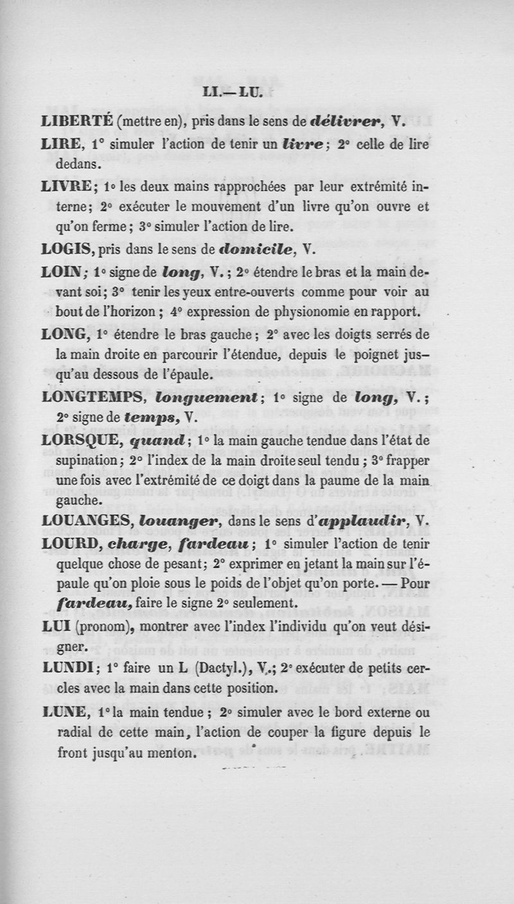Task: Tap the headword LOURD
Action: tap(69, 544)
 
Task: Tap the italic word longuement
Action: tap(207, 397)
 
